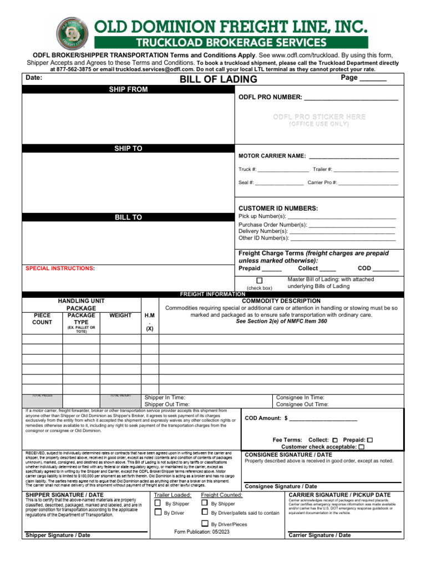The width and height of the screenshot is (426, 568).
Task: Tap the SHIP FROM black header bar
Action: [x=128, y=90]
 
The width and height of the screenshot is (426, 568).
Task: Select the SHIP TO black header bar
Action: [x=128, y=149]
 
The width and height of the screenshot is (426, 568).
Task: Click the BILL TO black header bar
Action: [x=128, y=217]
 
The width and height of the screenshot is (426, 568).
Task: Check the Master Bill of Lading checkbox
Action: [x=260, y=280]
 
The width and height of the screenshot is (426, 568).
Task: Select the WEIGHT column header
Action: [x=120, y=316]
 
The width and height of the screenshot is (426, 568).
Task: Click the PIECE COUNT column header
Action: [x=42, y=319]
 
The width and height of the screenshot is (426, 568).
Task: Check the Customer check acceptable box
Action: [x=362, y=447]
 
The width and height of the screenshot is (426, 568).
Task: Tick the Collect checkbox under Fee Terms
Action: [x=335, y=440]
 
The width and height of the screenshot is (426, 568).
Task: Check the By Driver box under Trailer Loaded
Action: [x=158, y=513]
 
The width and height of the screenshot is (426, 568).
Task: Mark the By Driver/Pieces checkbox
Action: [x=205, y=524]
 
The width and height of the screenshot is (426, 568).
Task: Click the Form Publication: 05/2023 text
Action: [x=201, y=531]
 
